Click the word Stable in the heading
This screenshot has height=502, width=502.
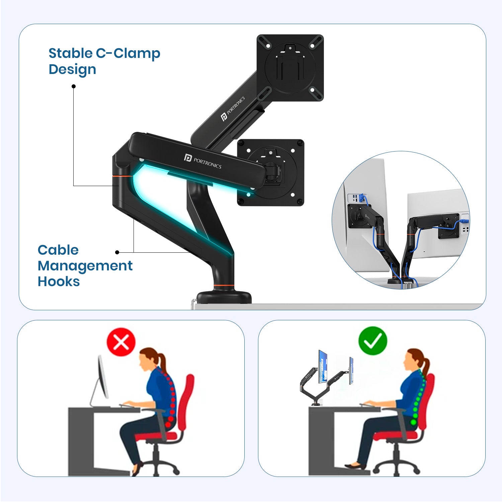pyautogui.click(x=71, y=53)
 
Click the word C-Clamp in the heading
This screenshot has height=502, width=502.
pyautogui.click(x=128, y=54)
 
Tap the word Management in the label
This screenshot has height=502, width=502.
pyautogui.click(x=85, y=266)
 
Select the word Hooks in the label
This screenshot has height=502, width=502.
pyautogui.click(x=59, y=281)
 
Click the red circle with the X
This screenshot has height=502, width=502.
pyautogui.click(x=121, y=342)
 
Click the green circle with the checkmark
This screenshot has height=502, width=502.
pyautogui.click(x=372, y=341)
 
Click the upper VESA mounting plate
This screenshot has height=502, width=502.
pyautogui.click(x=290, y=68)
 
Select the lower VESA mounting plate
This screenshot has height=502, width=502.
pyautogui.click(x=270, y=173)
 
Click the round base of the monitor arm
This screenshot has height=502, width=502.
pyautogui.click(x=224, y=297)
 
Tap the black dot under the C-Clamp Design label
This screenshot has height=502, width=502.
pyautogui.click(x=74, y=86)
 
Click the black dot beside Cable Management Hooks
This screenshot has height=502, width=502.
pyautogui.click(x=117, y=252)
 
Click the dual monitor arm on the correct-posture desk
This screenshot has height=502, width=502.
pyautogui.click(x=323, y=385)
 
